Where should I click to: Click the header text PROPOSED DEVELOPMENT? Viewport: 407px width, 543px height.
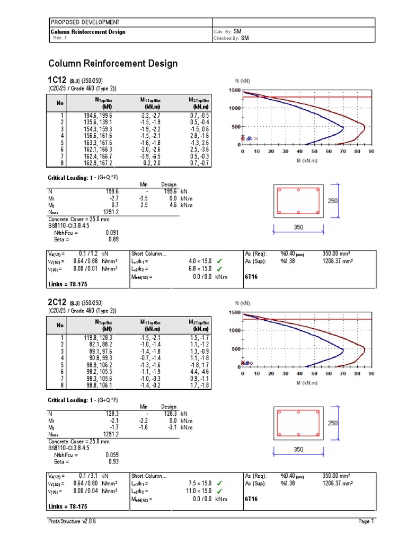click(85, 22)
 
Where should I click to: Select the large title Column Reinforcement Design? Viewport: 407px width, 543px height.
click(113, 64)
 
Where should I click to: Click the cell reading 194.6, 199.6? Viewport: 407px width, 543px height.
click(97, 115)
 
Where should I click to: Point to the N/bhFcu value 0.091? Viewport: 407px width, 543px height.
click(112, 232)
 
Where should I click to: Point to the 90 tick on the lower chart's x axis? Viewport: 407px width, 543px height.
click(371, 373)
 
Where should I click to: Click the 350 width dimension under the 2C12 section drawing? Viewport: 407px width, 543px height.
click(298, 450)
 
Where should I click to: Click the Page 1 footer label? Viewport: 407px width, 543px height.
click(366, 522)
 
